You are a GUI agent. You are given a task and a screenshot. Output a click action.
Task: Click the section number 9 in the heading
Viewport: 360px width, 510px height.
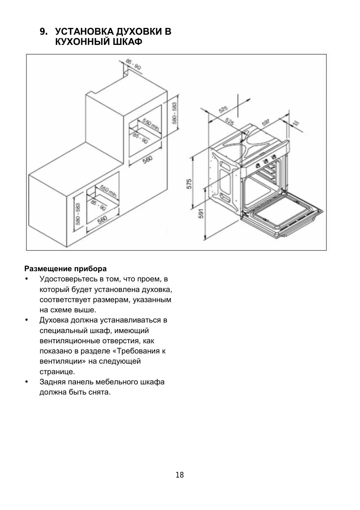point(43,32)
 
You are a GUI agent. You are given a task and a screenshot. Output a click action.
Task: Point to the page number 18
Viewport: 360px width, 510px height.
point(180,475)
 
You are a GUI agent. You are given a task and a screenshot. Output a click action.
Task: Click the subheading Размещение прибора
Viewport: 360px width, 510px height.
point(66,269)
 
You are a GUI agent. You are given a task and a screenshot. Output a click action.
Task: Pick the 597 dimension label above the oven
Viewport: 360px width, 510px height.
point(266,123)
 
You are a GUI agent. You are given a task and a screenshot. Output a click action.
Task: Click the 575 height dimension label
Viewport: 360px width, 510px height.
point(189,184)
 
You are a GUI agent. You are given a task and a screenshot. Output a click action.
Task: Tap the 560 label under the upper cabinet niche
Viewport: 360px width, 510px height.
point(148,160)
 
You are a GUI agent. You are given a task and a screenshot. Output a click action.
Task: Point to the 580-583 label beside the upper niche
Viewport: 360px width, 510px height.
point(174,113)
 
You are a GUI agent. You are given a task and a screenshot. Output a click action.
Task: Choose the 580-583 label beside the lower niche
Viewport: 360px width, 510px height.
point(78,214)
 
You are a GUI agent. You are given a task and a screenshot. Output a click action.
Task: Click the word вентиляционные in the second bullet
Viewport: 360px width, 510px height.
point(69,341)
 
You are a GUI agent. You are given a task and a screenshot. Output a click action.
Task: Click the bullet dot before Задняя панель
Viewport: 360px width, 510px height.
point(26,382)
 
